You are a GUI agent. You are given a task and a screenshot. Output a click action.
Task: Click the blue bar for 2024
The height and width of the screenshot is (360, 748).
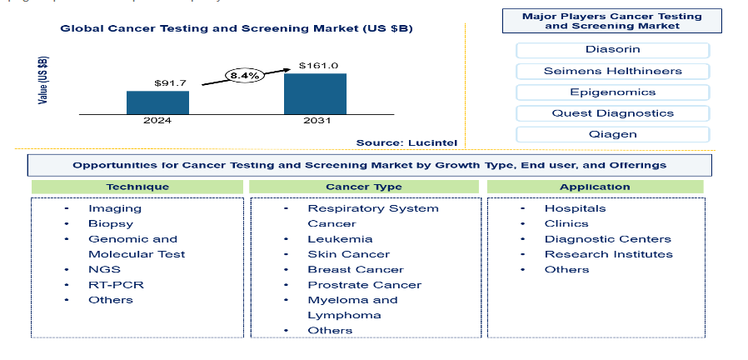[x=157, y=102]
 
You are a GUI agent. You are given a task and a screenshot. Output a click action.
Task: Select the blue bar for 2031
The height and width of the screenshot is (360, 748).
[x=315, y=93]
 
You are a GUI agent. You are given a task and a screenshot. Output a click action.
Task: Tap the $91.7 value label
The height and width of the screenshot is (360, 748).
[x=170, y=83]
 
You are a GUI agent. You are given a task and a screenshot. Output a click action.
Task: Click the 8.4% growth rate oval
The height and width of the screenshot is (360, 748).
[x=244, y=76]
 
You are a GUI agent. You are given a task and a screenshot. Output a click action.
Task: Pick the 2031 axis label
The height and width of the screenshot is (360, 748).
[x=317, y=121]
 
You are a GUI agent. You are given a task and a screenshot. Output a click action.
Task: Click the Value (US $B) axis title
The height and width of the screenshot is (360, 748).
[x=43, y=80]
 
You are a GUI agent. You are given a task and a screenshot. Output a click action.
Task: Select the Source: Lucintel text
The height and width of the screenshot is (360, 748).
[x=406, y=142]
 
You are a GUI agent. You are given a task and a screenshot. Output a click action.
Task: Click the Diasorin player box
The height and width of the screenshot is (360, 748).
[x=612, y=50]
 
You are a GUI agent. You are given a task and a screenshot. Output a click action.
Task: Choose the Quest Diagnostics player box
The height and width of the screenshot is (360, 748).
[x=612, y=113]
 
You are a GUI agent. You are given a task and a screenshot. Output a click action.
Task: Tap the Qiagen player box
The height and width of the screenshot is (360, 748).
[x=612, y=135]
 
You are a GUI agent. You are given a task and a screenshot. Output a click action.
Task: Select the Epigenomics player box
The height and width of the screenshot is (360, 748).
[x=612, y=92]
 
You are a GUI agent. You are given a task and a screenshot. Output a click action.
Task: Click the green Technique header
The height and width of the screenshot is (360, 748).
[x=137, y=187]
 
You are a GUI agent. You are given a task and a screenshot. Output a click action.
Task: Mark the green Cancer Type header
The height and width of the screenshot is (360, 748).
[x=364, y=187]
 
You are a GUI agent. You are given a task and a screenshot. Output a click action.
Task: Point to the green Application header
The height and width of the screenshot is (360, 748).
[x=595, y=187]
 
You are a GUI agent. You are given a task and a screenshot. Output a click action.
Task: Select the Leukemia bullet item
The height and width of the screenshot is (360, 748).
[x=340, y=239]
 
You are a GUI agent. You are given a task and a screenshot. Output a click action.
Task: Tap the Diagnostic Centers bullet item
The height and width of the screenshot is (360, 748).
[x=608, y=239]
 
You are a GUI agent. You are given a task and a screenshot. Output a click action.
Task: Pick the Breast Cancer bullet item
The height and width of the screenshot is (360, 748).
[x=356, y=270]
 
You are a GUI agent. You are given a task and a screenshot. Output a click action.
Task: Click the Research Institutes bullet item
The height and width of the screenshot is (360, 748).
[x=609, y=254]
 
